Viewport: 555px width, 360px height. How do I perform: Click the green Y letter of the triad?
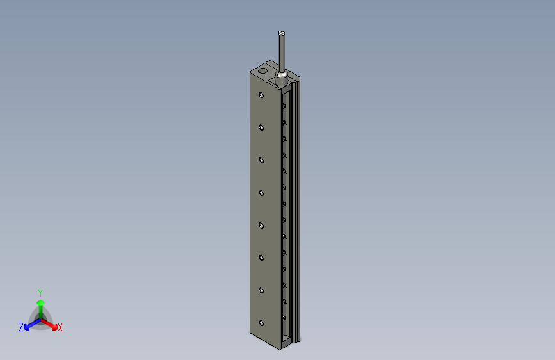click(40, 292)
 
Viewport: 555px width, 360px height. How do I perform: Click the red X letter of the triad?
click(60, 328)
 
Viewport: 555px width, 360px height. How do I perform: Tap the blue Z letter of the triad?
click(21, 327)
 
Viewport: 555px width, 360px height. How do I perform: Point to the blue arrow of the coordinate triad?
click(29, 325)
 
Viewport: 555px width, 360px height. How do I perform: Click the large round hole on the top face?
click(262, 69)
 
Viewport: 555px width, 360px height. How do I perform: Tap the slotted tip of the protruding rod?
click(282, 33)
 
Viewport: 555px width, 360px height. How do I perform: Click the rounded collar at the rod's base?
click(282, 78)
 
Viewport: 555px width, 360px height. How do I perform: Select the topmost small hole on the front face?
click(261, 95)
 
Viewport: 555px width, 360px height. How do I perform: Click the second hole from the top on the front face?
click(261, 127)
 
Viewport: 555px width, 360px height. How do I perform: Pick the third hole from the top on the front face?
click(261, 160)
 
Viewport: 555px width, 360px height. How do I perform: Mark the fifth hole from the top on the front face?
click(261, 225)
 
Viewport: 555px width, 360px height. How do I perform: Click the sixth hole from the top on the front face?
click(261, 258)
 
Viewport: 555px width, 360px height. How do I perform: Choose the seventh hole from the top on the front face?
click(261, 290)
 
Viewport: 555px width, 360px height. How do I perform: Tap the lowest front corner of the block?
click(279, 350)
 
